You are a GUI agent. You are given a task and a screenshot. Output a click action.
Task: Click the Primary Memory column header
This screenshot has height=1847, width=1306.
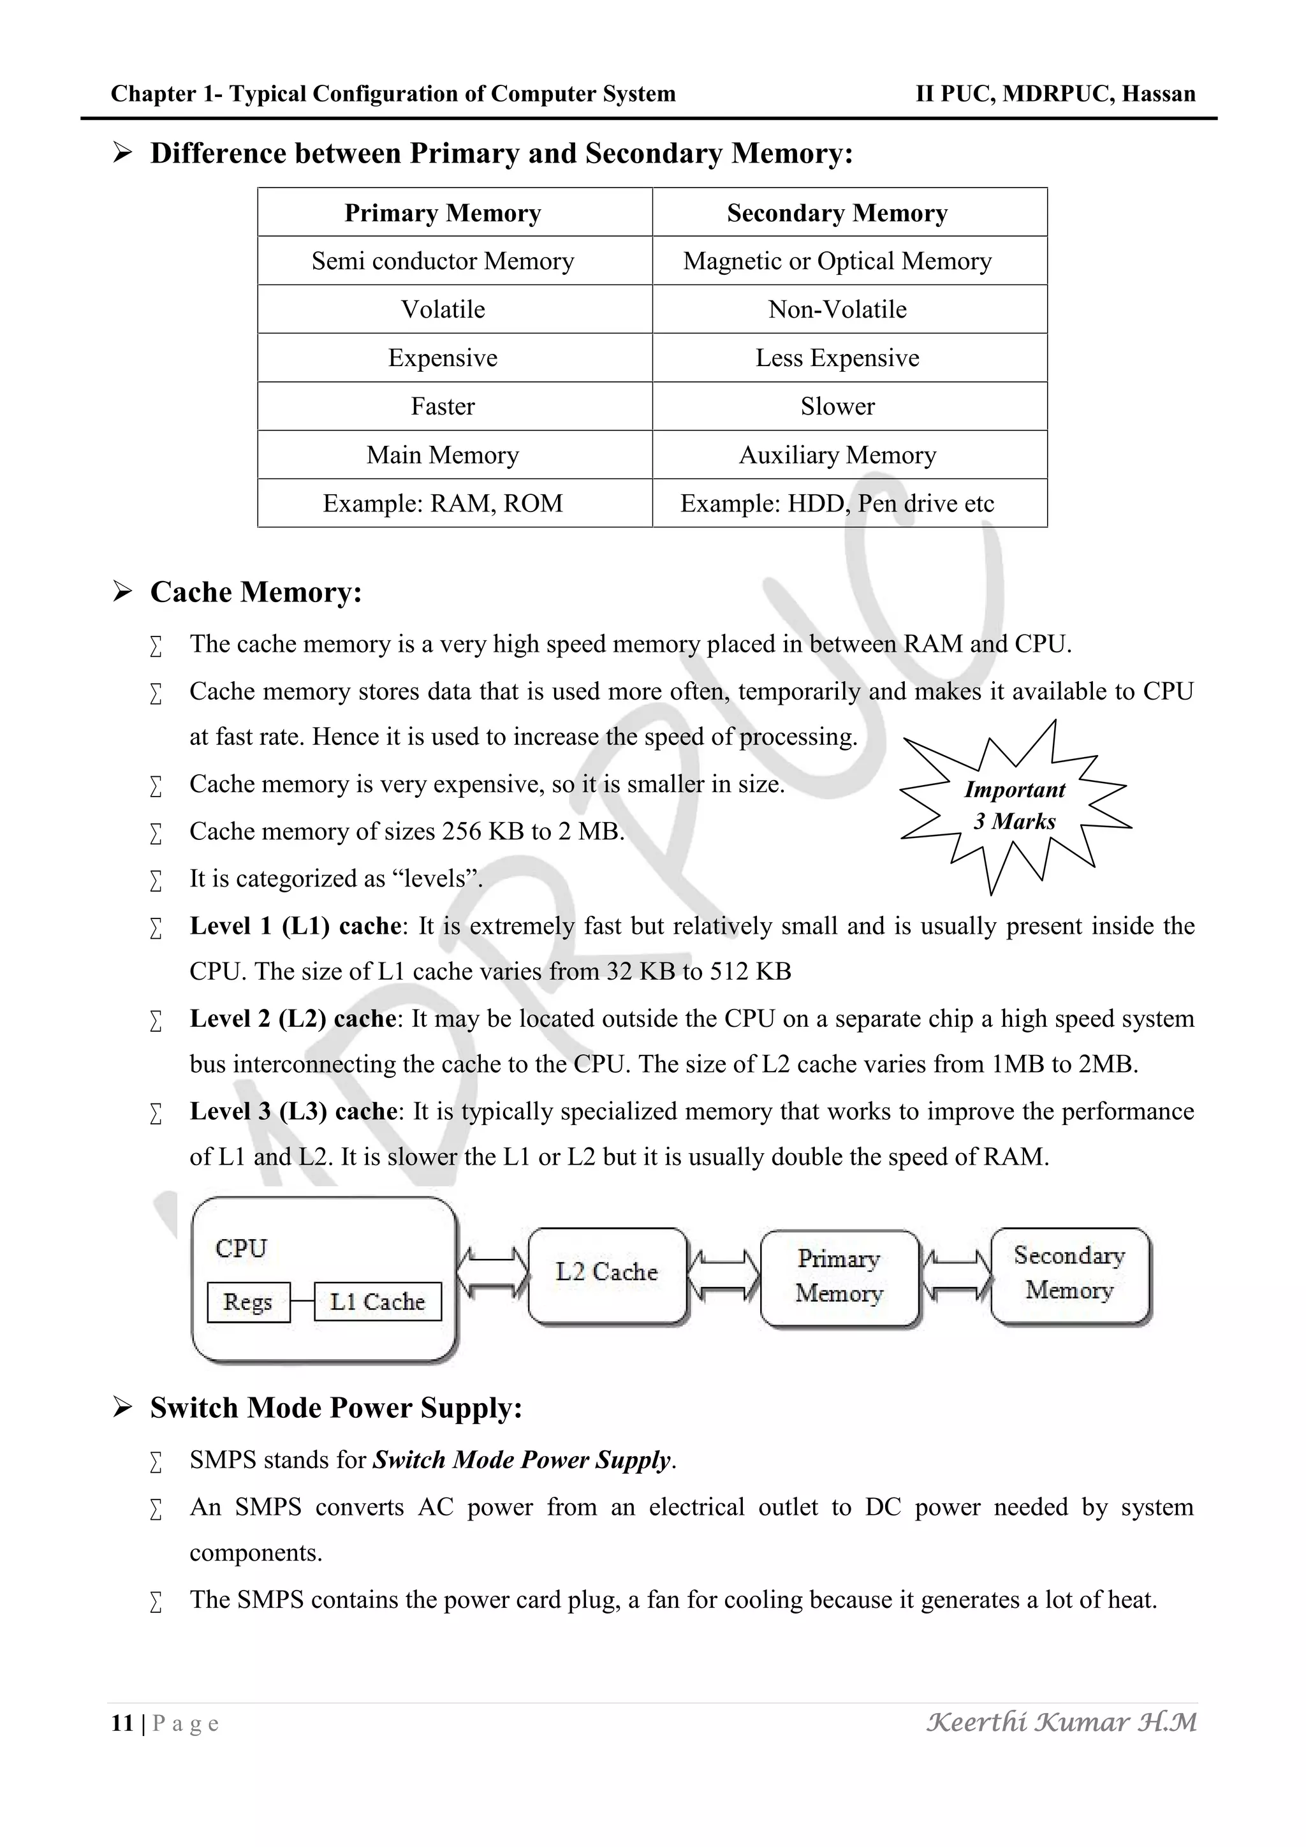(443, 213)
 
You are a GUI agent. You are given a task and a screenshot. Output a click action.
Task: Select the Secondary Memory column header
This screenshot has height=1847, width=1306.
(837, 213)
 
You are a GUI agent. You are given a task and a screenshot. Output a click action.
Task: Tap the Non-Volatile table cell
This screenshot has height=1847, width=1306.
(837, 310)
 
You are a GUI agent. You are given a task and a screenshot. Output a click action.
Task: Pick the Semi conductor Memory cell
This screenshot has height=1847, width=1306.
(443, 261)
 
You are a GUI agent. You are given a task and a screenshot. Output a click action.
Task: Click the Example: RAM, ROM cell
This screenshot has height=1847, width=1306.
(443, 504)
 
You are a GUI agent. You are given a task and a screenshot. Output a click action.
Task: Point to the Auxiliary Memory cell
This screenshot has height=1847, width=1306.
(837, 455)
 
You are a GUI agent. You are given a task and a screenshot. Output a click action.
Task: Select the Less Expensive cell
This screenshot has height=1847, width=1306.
(837, 358)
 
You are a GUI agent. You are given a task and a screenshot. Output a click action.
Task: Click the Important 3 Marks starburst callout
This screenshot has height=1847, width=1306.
(1015, 806)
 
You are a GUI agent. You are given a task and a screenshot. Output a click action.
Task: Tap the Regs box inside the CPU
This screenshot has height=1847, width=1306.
(247, 1302)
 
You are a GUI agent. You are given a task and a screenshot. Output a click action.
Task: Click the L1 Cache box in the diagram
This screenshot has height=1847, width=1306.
(377, 1302)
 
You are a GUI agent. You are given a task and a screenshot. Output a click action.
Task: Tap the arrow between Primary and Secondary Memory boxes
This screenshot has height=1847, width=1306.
(955, 1274)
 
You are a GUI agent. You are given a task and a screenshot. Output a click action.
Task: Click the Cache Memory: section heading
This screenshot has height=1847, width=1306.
(256, 592)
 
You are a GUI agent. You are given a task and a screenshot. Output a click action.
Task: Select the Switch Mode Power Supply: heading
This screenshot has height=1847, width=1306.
(336, 1408)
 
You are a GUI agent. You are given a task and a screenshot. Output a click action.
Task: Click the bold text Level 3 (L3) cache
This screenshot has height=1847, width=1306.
(293, 1111)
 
